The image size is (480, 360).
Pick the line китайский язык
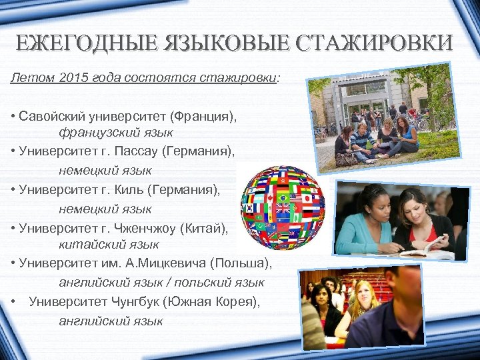pos(109,245)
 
